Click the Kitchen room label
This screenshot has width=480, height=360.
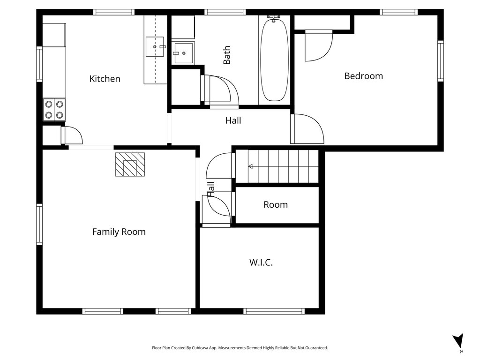pyautogui.click(x=105, y=79)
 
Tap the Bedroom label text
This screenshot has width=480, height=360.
pyautogui.click(x=363, y=76)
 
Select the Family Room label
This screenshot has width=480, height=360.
pyautogui.click(x=119, y=232)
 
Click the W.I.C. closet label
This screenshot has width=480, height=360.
pyautogui.click(x=261, y=262)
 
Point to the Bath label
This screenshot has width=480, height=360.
pyautogui.click(x=227, y=55)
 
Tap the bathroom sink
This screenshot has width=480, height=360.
pyautogui.click(x=183, y=52)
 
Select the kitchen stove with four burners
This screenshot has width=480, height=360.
pyautogui.click(x=54, y=110)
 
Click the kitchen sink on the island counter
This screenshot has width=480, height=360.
pyautogui.click(x=155, y=47)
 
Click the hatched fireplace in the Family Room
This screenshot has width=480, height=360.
pyautogui.click(x=130, y=165)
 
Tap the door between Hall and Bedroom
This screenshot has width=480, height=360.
pyautogui.click(x=307, y=129)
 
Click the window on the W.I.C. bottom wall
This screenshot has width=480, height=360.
pyautogui.click(x=274, y=311)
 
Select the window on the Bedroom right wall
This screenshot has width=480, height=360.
pyautogui.click(x=440, y=61)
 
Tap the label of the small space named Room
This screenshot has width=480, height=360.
pyautogui.click(x=275, y=205)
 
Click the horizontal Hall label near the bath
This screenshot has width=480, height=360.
pyautogui.click(x=233, y=120)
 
